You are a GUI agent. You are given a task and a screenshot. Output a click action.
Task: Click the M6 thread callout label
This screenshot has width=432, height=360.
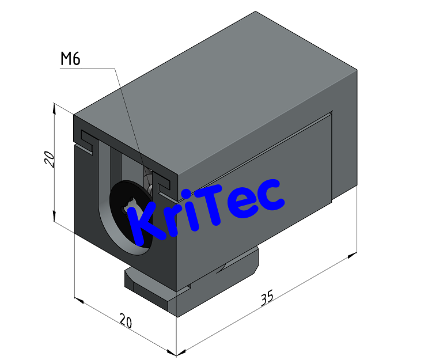70,59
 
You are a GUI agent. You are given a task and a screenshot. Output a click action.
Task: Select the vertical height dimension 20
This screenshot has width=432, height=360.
51,158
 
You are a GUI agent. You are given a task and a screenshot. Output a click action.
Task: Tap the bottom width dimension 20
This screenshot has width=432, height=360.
125,321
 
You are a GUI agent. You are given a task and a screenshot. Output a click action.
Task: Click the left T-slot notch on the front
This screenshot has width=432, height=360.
86,141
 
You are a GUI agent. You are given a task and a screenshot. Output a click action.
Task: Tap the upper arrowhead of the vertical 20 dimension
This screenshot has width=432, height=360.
54,107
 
